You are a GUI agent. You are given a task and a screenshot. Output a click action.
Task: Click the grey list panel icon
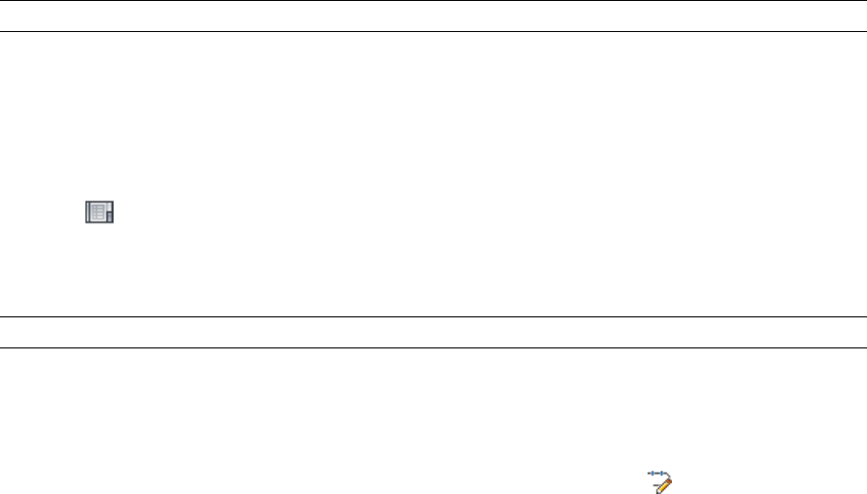pos(99,213)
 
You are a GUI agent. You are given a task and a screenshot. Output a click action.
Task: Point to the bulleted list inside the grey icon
pos(97,213)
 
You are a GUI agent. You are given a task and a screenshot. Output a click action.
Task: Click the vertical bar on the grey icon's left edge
pos(86,213)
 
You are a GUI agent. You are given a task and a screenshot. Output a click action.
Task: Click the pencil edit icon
pos(662,480)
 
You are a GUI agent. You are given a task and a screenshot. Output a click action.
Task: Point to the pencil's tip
pos(657,491)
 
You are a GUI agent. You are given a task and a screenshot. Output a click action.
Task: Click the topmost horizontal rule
pos(433,1)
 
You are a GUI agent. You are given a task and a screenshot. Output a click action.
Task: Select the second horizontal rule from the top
pos(433,32)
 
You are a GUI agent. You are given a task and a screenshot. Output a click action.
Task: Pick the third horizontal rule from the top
pos(433,316)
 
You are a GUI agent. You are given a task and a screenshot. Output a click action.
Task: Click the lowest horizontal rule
pos(433,347)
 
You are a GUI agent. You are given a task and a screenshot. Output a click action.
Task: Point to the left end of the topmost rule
pos(3,1)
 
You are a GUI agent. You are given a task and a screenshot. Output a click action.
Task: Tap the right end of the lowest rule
pos(863,347)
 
